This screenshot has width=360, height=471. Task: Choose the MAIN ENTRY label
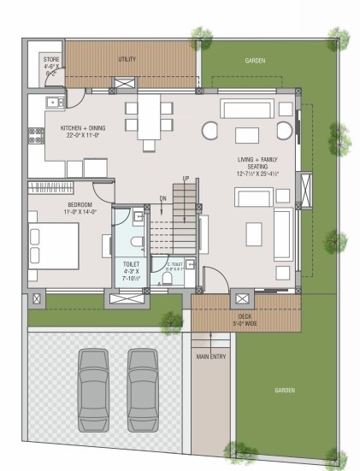[211, 356]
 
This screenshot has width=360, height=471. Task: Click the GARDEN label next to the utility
[255, 61]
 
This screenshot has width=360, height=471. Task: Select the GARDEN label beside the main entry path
[284, 390]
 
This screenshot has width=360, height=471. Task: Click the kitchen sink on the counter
[53, 103]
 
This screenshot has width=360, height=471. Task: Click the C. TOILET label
[175, 264]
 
